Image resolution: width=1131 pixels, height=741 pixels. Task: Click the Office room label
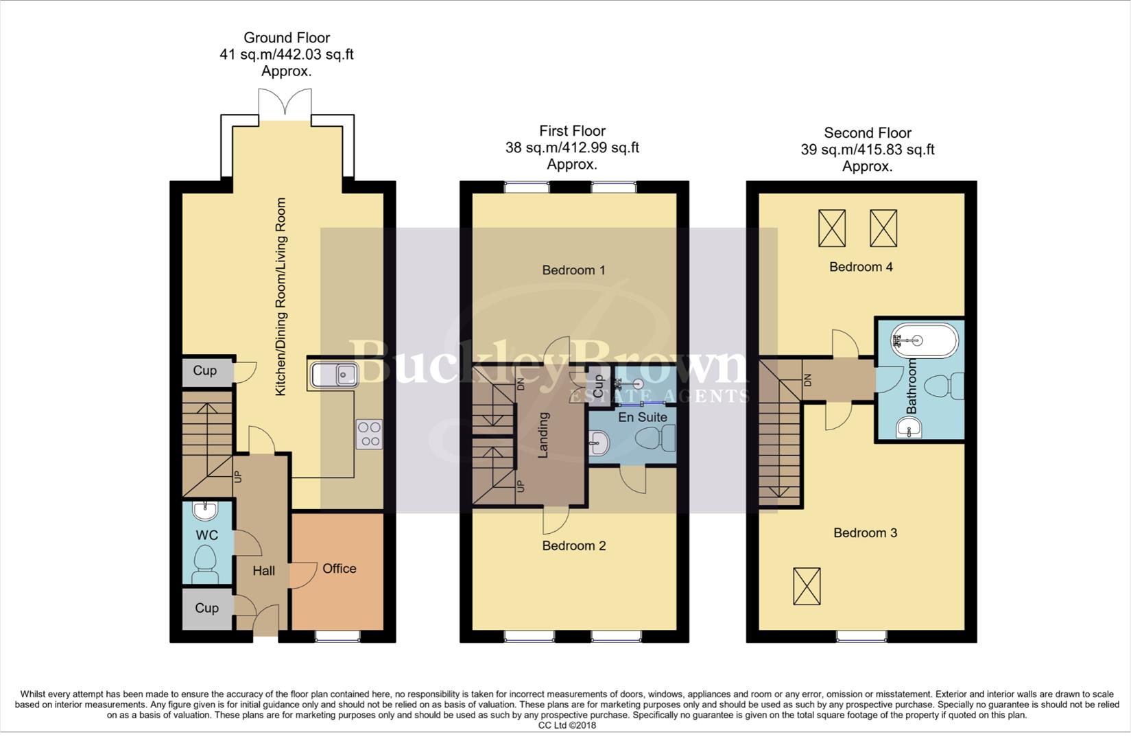(339, 568)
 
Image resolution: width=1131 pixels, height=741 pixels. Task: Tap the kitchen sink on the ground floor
(333, 375)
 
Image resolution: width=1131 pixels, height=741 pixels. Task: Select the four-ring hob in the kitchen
(369, 434)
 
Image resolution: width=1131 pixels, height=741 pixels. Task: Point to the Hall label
(263, 570)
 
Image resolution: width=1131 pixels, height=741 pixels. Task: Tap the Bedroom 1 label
(573, 270)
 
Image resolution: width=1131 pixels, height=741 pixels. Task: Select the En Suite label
(642, 416)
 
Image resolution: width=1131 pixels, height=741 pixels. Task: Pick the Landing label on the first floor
(543, 435)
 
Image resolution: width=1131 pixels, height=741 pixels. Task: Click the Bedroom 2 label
(573, 545)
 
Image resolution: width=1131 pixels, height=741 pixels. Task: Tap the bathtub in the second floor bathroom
(924, 340)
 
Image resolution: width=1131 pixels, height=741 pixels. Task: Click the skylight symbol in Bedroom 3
(807, 586)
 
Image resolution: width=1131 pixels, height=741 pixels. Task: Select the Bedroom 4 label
(861, 266)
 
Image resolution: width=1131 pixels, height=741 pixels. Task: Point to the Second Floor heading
(867, 132)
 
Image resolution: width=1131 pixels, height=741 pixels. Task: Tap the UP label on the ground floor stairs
(238, 475)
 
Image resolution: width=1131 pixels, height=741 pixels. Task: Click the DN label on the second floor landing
(807, 379)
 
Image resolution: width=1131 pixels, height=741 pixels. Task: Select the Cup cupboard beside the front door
(206, 608)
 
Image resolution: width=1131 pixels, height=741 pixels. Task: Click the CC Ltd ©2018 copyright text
(567, 725)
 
